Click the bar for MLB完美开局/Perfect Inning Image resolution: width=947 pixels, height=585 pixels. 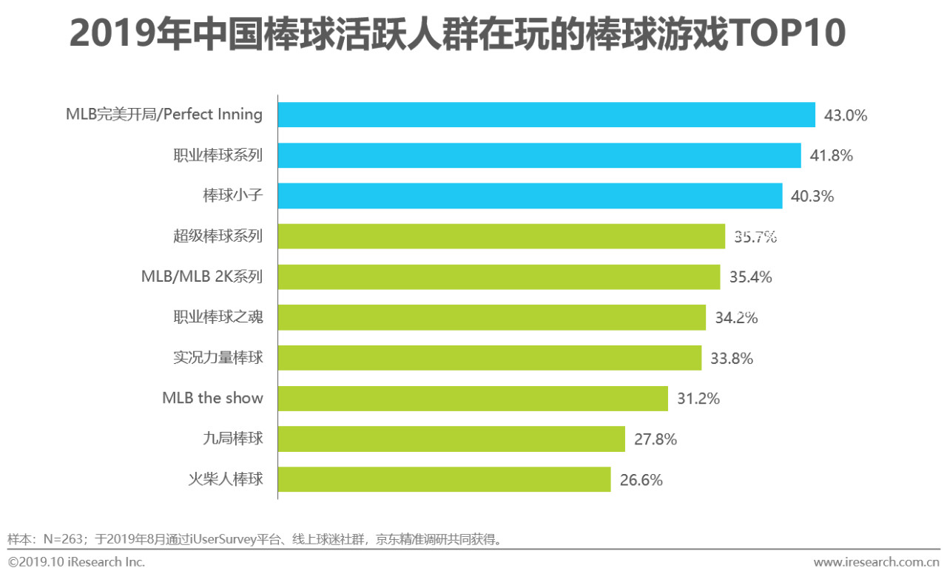point(546,115)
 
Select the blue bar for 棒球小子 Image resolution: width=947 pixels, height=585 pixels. point(530,196)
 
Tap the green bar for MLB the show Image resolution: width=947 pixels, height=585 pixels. point(473,398)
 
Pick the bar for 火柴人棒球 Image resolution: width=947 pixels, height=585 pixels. point(444,479)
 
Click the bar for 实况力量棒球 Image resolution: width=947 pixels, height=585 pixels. point(489,358)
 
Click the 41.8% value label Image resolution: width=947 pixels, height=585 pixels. point(832,156)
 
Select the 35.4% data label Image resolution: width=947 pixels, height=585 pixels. point(750,277)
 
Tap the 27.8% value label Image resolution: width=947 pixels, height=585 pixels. point(656,439)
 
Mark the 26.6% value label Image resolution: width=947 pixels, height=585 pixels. point(641,479)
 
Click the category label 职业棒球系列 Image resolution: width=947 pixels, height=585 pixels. point(218,156)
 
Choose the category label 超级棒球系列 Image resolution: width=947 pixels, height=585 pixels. point(218,237)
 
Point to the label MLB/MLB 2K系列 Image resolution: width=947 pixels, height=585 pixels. point(201,277)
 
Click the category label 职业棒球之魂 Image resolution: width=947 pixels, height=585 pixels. point(218,317)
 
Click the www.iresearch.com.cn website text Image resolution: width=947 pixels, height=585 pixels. point(876,563)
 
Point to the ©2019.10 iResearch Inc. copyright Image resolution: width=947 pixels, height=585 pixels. point(76,562)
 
